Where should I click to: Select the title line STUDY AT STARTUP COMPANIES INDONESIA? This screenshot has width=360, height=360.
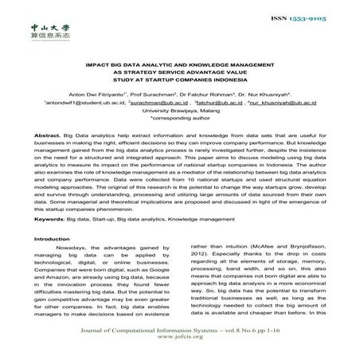(181, 86)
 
